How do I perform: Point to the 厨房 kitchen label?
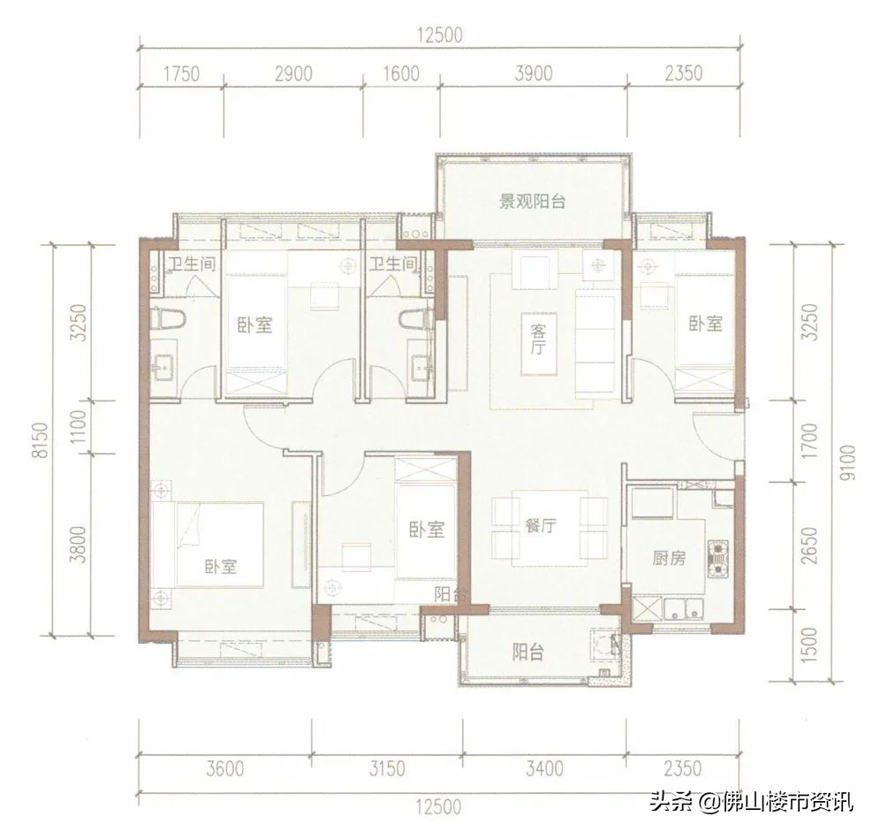tap(670, 558)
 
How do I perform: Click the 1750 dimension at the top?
tap(182, 74)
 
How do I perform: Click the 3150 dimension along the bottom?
tap(385, 768)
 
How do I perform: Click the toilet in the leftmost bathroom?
tap(165, 318)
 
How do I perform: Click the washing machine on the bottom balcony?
tap(604, 645)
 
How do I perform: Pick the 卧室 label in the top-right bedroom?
tap(705, 324)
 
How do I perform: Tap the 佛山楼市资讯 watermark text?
tap(778, 802)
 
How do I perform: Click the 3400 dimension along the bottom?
tap(543, 768)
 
